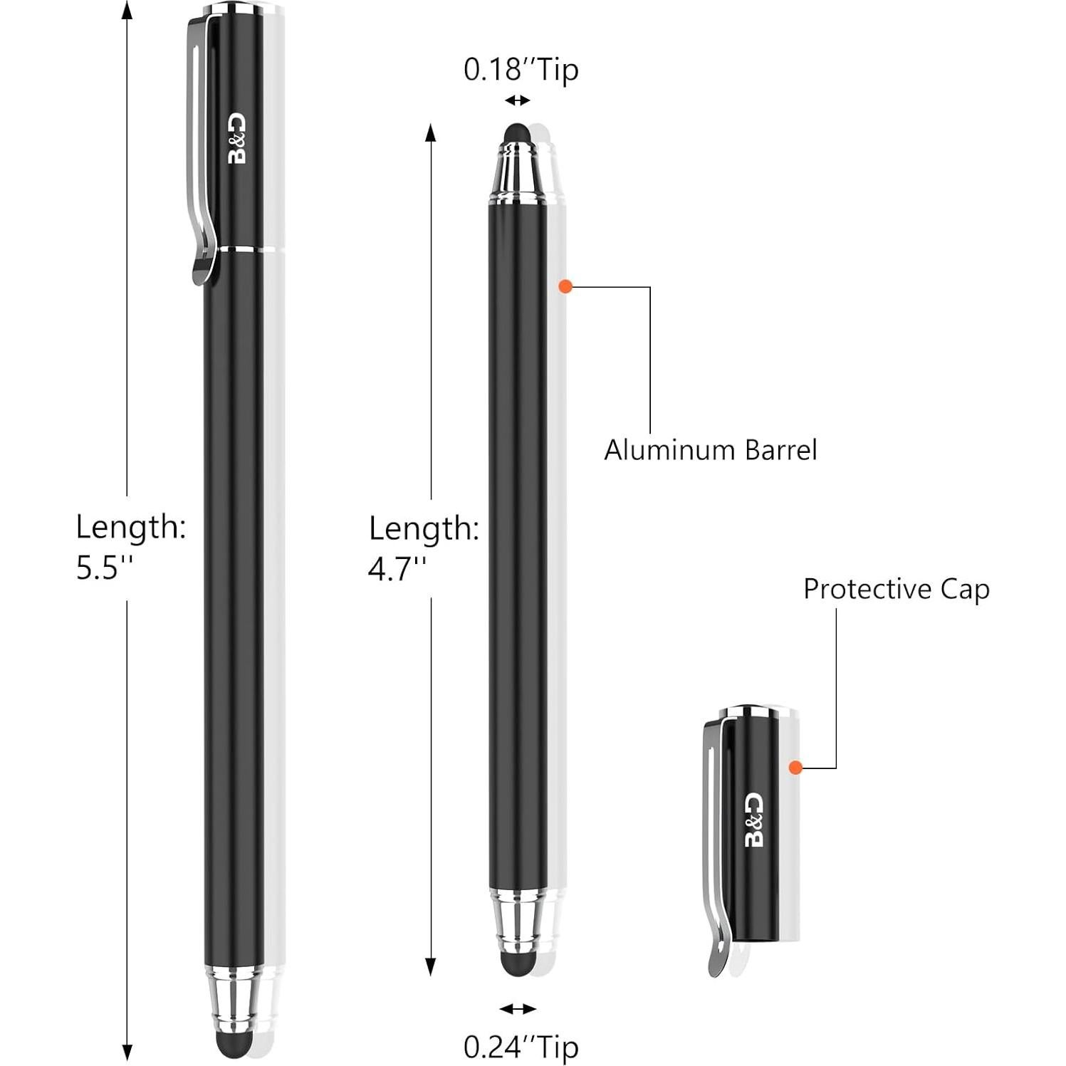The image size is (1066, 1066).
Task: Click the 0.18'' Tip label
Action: point(521,70)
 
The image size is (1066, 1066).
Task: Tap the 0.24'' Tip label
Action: point(521,1047)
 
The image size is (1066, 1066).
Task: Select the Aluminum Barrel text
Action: point(710,450)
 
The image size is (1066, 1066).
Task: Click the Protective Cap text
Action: point(896,589)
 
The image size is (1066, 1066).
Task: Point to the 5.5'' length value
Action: point(105,568)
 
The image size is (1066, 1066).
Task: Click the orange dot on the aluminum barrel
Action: point(565,287)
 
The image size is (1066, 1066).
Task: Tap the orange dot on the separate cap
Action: point(795,767)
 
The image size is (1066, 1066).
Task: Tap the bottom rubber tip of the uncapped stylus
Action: point(517,964)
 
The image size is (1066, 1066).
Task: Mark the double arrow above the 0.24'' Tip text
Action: point(518,1008)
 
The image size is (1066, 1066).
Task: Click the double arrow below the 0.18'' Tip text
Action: point(518,101)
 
